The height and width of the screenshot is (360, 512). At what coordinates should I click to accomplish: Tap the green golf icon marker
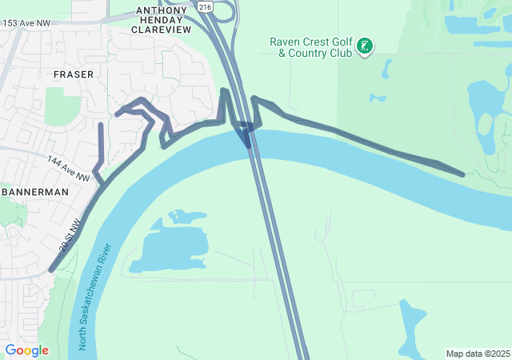tap(365, 46)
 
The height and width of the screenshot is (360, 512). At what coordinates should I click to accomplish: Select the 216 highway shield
tap(206, 7)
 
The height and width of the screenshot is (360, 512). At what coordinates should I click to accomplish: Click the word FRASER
tap(73, 74)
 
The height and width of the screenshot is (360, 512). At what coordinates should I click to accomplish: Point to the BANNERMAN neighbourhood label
tap(34, 193)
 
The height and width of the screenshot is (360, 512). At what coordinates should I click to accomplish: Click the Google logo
tap(26, 350)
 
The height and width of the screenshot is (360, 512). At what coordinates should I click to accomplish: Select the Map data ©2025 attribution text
tap(478, 354)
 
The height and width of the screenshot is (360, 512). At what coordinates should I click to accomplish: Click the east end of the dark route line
tap(463, 174)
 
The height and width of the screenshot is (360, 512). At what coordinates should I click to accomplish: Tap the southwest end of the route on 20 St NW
tap(52, 270)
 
